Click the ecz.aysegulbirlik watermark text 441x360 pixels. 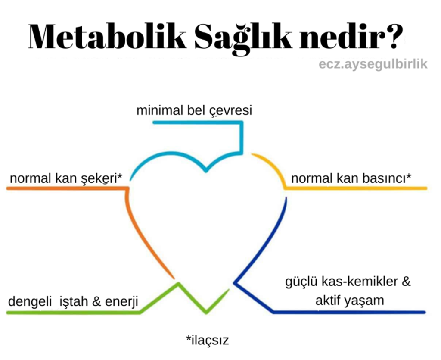pos(373,64)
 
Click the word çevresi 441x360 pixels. pos(231,111)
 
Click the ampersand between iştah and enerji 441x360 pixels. pos(96,301)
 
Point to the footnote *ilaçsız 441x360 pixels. pos(208,340)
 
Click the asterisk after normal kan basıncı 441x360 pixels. pos(409,176)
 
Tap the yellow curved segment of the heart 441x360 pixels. pos(274,166)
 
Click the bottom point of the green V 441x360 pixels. pos(206,312)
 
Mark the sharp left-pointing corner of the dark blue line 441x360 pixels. pos(235,282)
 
